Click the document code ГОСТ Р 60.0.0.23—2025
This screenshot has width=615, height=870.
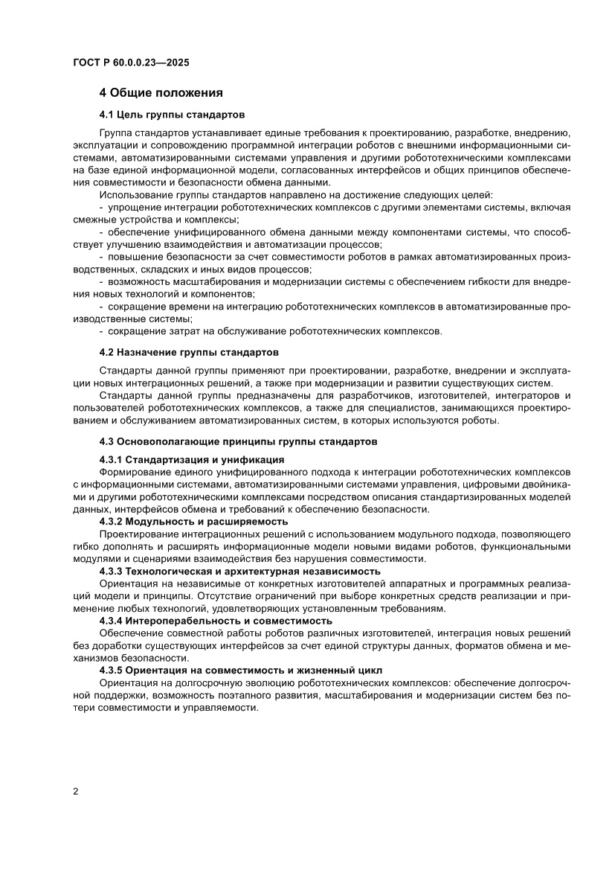(131, 63)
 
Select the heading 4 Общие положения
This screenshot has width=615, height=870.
(161, 93)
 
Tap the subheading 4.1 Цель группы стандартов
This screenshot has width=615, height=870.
(172, 115)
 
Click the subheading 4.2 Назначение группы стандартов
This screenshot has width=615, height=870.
(189, 351)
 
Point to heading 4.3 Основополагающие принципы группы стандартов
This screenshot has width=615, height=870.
(238, 442)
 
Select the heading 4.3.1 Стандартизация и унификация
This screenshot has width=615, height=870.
(191, 459)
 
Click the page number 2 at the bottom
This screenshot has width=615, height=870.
(76, 791)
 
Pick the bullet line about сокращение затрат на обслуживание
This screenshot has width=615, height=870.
(275, 330)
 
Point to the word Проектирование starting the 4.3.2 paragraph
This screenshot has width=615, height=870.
(133, 535)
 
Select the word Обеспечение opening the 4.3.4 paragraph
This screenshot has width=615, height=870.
(130, 633)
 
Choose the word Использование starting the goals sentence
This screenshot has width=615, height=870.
(133, 195)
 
